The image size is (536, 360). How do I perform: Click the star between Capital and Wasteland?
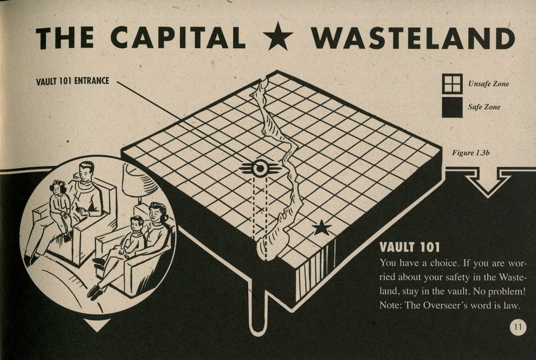tap(278, 36)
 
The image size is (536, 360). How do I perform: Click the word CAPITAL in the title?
tap(178, 37)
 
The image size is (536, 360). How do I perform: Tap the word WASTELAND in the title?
tap(412, 37)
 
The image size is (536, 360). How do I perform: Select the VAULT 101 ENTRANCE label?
tap(73, 81)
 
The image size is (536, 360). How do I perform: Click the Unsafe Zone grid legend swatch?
tap(452, 83)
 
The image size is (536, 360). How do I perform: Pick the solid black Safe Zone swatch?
tap(452, 107)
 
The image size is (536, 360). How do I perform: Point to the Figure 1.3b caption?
tap(470, 153)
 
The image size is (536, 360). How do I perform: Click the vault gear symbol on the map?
tap(260, 168)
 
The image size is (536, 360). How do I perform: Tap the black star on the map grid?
tap(322, 228)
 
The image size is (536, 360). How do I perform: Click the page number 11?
tap(518, 327)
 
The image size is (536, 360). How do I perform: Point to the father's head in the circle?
tap(86, 171)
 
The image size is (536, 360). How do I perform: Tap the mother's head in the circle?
tap(157, 213)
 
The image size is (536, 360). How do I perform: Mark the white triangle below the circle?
tap(97, 325)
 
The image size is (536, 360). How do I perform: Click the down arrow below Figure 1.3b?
tap(488, 182)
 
